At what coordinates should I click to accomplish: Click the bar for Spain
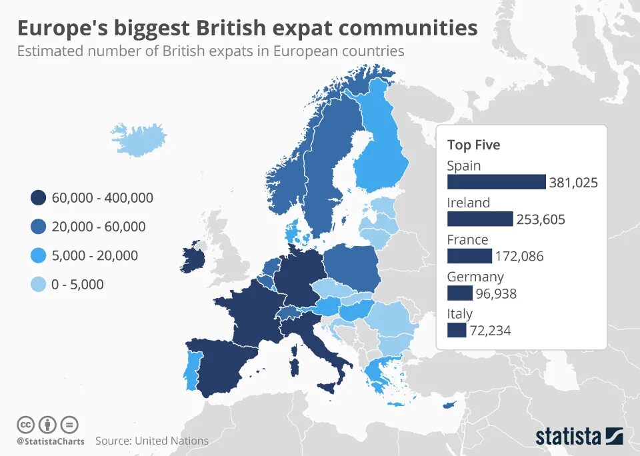click(496, 182)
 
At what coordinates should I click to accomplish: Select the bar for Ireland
click(480, 219)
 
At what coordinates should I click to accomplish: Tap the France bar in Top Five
click(469, 255)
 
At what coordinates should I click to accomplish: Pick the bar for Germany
click(459, 293)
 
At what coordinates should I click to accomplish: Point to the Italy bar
click(457, 329)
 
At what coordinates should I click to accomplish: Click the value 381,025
click(573, 183)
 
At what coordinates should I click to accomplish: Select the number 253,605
click(541, 219)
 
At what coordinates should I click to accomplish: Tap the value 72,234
click(490, 330)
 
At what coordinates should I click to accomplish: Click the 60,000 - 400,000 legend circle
click(38, 198)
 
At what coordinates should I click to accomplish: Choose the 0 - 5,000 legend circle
click(38, 285)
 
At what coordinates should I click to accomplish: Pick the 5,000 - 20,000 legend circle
click(38, 255)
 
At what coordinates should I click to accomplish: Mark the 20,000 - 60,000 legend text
click(98, 227)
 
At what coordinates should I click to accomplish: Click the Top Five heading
click(473, 145)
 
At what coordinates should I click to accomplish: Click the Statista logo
click(579, 437)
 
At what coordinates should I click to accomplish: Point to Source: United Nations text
click(152, 441)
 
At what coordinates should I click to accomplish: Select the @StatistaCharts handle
click(51, 441)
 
